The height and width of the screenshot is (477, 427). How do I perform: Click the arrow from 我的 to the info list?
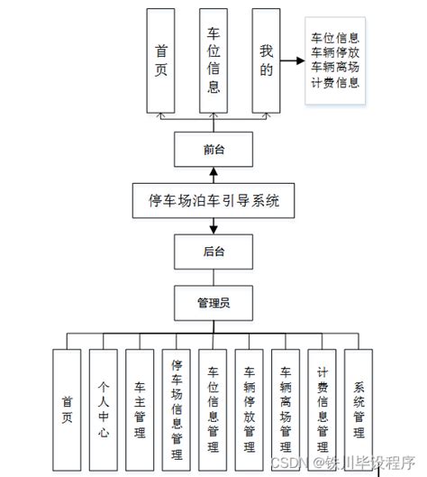(x=291, y=63)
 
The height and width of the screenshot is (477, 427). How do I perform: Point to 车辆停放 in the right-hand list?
(x=335, y=52)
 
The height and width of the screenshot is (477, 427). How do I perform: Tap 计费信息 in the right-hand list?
(x=335, y=82)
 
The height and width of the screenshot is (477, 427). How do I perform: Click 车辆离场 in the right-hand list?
(x=335, y=67)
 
